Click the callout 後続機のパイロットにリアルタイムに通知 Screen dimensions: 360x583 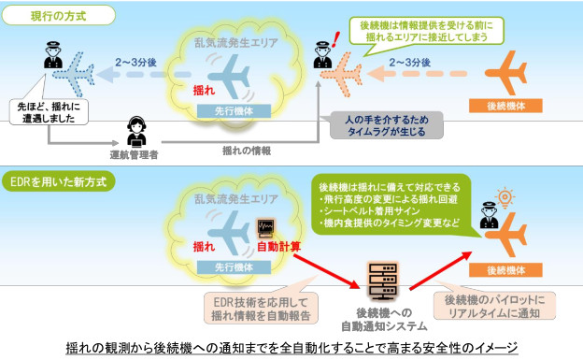[497, 307]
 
